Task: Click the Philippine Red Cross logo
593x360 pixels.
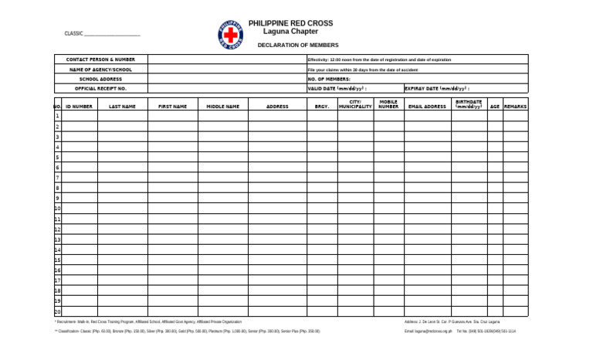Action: pos(231,35)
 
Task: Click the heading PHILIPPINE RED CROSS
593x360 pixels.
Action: pos(290,24)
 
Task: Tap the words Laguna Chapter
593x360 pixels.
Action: pos(290,32)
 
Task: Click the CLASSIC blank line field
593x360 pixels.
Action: pos(112,34)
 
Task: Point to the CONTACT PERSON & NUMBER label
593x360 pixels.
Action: pos(100,59)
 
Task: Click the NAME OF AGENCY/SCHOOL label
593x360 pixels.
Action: pos(100,70)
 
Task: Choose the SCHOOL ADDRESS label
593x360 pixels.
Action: pos(100,79)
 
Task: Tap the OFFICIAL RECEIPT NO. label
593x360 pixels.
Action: pos(100,89)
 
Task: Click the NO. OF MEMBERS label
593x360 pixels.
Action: pos(329,79)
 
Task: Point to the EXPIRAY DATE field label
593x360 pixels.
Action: pos(437,89)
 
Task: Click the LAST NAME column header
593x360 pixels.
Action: pos(122,107)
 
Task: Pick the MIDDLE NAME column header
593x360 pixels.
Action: pos(222,107)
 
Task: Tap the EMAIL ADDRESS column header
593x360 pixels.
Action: pos(427,107)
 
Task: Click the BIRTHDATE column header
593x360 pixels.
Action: pos(469,104)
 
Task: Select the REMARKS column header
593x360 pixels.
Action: pos(515,107)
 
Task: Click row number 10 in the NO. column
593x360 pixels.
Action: pos(57,209)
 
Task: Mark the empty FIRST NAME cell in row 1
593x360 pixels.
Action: pos(172,116)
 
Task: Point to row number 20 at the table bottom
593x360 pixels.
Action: pos(57,311)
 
